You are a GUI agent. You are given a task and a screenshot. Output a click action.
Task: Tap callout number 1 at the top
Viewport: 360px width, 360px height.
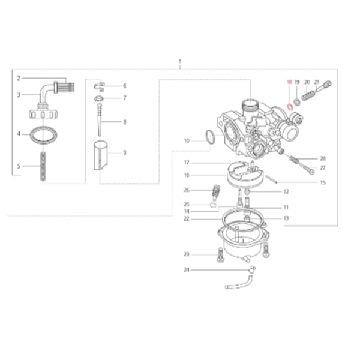point(180,62)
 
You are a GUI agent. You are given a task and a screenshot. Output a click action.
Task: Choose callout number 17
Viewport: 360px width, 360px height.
point(187,163)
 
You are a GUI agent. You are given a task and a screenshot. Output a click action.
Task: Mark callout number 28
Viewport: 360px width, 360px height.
point(322,158)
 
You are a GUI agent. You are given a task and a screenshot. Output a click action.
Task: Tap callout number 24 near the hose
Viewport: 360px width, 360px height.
point(187,270)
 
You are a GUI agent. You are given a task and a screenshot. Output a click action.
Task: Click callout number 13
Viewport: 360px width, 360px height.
point(286,218)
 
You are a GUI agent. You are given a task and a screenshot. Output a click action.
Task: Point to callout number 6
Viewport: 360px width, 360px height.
point(124,86)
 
